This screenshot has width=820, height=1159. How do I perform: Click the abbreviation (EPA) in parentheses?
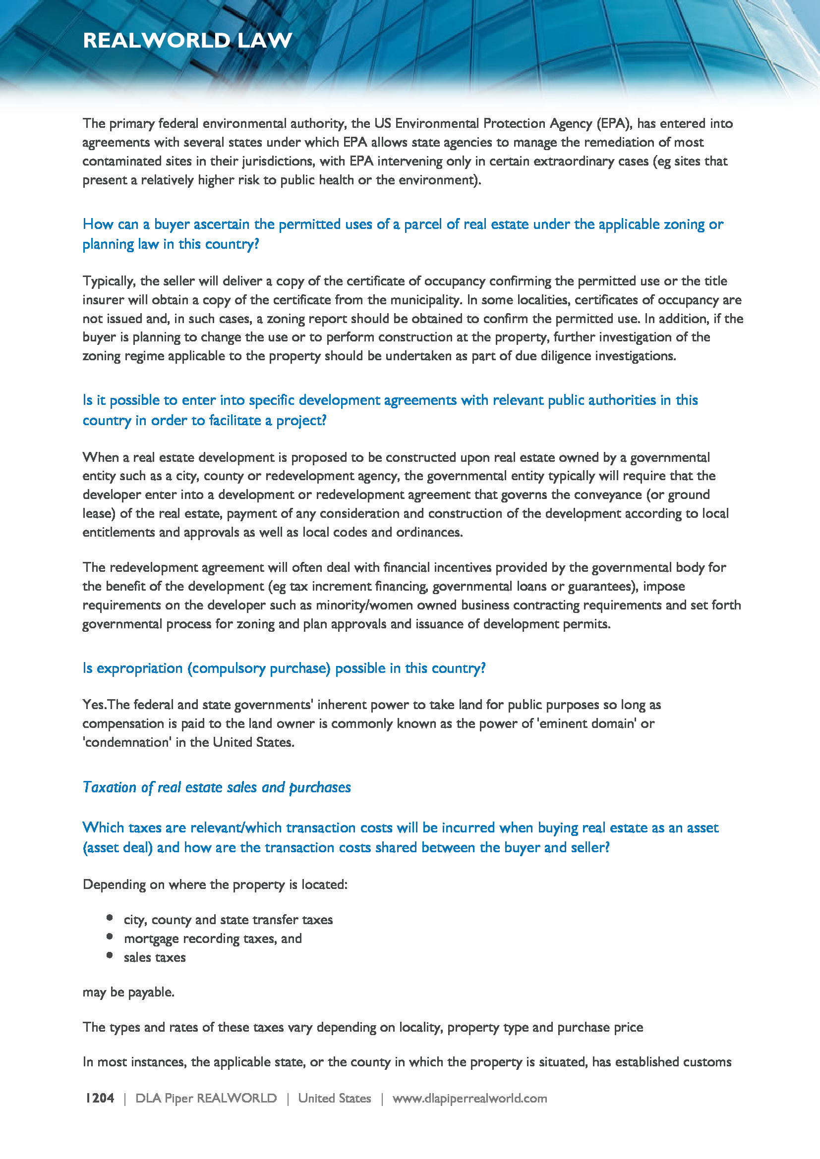point(613,124)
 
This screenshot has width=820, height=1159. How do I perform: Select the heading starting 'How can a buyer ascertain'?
point(403,234)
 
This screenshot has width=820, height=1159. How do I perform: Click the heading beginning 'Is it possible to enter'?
point(390,410)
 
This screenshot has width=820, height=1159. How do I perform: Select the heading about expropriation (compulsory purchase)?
point(284,668)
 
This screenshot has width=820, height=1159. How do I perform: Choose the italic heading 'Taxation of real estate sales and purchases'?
point(217,787)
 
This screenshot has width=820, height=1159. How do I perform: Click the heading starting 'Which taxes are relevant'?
point(400,837)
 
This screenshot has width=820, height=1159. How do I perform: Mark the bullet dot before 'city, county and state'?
point(110,918)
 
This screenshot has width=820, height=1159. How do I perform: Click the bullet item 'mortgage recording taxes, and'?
point(213,938)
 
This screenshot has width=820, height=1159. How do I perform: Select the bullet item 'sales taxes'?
point(155,957)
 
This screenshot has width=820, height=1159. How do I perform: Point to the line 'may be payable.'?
point(128,992)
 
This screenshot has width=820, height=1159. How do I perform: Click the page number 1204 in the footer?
point(100,1098)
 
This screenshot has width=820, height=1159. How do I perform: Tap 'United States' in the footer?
point(334,1098)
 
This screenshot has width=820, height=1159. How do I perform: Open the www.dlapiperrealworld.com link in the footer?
point(469,1098)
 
